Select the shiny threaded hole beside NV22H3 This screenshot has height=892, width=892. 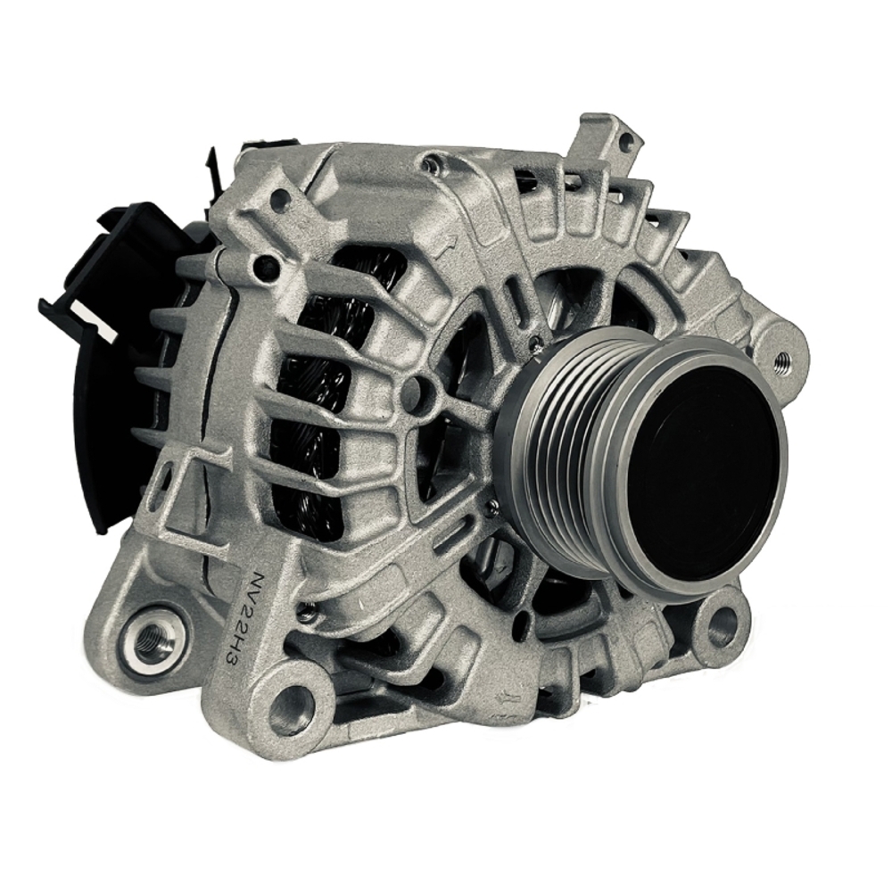[153, 635]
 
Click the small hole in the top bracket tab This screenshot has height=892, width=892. [625, 141]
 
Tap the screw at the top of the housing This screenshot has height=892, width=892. [433, 163]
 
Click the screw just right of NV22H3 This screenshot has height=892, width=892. [306, 613]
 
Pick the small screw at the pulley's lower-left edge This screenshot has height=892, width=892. [491, 508]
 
